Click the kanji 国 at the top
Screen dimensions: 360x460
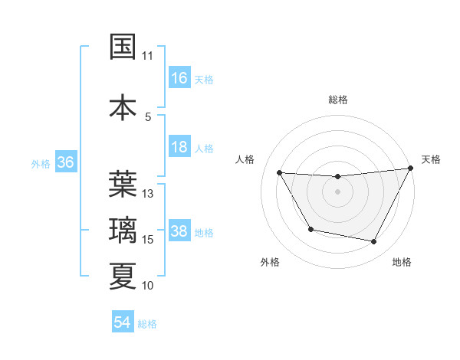pos(123,47)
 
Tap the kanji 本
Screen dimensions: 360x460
pos(123,106)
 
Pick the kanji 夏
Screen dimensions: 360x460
pos(123,276)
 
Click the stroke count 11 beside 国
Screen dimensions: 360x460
pos(147,56)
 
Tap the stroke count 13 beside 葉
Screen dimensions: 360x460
pos(148,194)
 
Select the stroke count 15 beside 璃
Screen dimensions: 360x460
pos(148,240)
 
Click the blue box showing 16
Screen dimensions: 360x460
pos(179,78)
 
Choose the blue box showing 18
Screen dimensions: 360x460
pos(179,147)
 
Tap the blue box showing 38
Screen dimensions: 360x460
pos(179,231)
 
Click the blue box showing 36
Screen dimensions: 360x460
pos(65,162)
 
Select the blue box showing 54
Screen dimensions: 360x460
pos(123,322)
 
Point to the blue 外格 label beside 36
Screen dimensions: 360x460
pos(41,163)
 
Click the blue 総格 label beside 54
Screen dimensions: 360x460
pos(147,324)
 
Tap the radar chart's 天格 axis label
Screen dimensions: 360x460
pos(431,159)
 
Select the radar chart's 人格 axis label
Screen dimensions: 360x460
pos(245,159)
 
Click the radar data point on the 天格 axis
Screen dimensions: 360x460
pos(410,169)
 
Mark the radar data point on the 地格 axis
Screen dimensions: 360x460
pos(374,242)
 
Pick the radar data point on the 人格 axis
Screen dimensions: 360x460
pos(279,173)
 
